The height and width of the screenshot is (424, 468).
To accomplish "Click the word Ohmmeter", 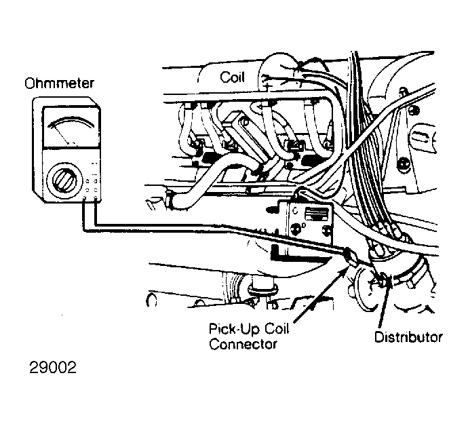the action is click(x=59, y=83).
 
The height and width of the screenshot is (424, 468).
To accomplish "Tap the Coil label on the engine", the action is click(x=232, y=77).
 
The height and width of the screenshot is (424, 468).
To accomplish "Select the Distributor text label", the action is click(x=408, y=337).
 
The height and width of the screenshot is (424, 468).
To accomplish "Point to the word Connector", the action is click(x=243, y=344).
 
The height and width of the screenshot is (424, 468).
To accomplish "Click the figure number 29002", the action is click(x=53, y=368).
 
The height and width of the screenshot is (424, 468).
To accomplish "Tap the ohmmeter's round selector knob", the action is click(x=64, y=180).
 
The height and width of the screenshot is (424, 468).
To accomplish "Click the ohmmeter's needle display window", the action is click(x=71, y=128).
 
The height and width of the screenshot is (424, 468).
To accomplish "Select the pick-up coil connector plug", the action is click(x=350, y=256).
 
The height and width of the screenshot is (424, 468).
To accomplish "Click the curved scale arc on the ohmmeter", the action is click(x=71, y=121).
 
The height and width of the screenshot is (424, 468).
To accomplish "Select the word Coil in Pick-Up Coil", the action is click(x=277, y=329).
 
